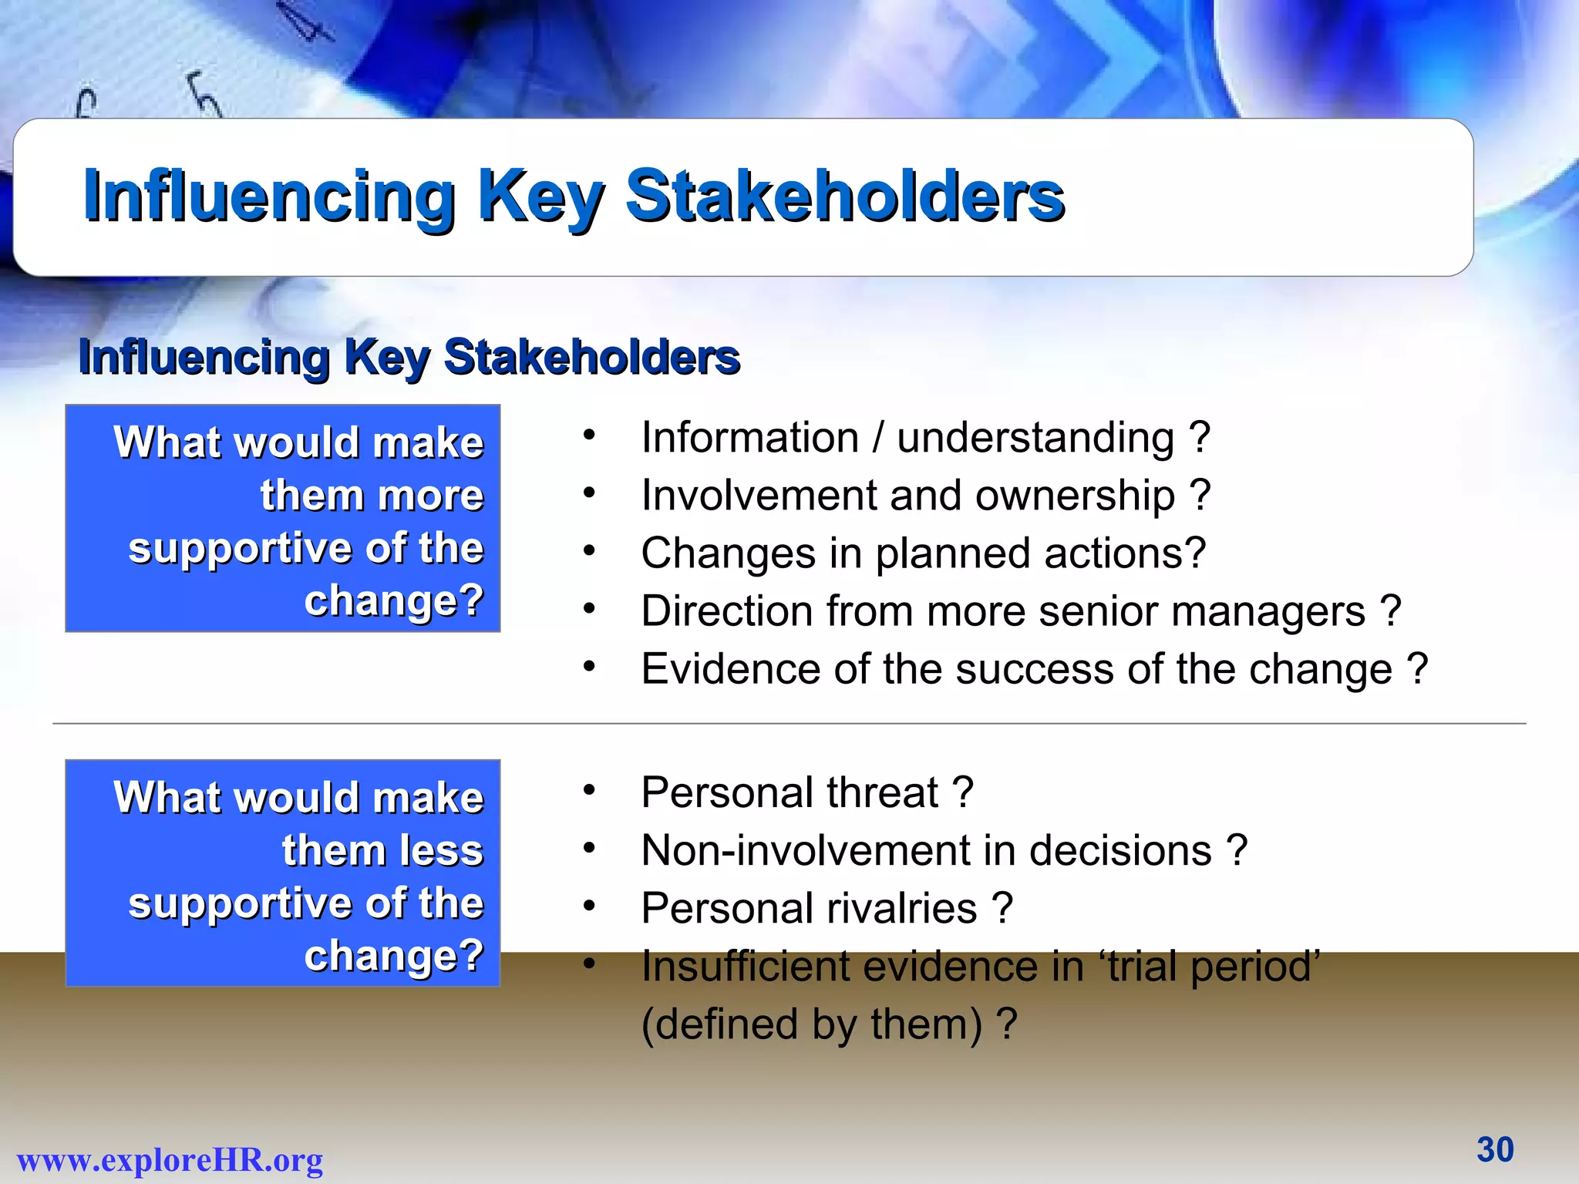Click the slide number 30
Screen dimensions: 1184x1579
[1495, 1149]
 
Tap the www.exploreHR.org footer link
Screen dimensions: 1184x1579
[170, 1160]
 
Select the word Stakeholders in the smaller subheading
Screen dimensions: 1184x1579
[591, 358]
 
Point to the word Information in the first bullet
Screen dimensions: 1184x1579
[749, 438]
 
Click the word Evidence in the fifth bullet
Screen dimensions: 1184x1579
[730, 669]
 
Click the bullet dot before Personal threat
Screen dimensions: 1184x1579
[590, 790]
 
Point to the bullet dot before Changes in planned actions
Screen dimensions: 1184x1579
[590, 551]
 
